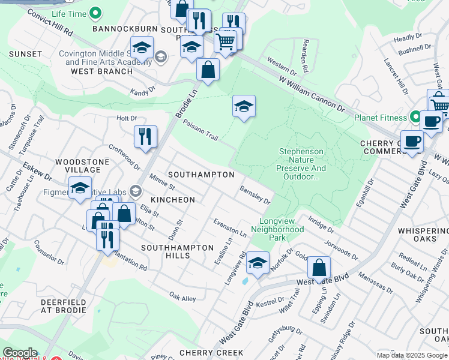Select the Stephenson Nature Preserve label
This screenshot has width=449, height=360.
click(x=302, y=164)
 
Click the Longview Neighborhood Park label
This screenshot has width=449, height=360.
click(x=277, y=229)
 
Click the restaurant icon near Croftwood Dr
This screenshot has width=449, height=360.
click(x=145, y=137)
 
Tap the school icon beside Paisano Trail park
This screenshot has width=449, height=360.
click(x=244, y=107)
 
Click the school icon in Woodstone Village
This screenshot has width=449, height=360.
click(x=80, y=188)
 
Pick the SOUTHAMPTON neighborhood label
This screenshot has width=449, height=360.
click(x=201, y=174)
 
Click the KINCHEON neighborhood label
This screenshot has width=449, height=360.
click(x=173, y=199)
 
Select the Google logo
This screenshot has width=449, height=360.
click(x=20, y=353)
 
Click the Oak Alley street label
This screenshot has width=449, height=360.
click(x=182, y=298)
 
